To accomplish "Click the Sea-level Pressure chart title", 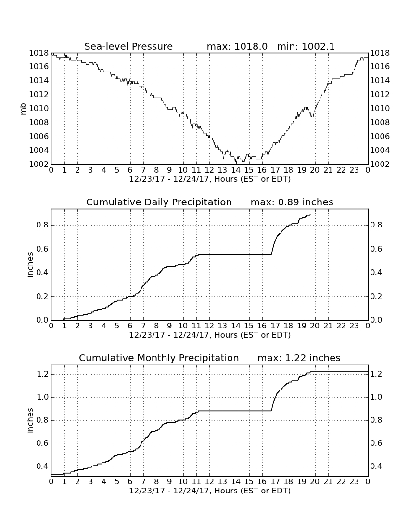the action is (x=128, y=46).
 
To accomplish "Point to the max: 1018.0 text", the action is (x=237, y=46).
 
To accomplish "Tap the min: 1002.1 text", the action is (x=306, y=46).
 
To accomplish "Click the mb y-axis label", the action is (x=23, y=109).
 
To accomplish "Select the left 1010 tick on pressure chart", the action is (x=39, y=109).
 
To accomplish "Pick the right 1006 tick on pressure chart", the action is (x=380, y=136).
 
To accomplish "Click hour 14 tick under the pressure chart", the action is (x=236, y=170).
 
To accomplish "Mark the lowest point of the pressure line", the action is (x=236, y=164).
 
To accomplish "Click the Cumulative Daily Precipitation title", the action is (x=159, y=202).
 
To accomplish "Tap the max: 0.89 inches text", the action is (x=292, y=202).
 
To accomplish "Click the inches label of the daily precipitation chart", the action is (x=30, y=265).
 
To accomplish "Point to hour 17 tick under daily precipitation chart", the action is (x=275, y=326).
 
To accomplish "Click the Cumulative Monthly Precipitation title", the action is (x=159, y=358).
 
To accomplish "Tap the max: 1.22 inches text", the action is (x=299, y=358).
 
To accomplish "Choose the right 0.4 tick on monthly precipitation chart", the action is (x=376, y=466).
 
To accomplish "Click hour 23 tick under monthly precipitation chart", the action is (x=354, y=481).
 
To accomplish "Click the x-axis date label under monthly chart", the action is (x=210, y=491).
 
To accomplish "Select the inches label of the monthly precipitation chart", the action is (x=30, y=420).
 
